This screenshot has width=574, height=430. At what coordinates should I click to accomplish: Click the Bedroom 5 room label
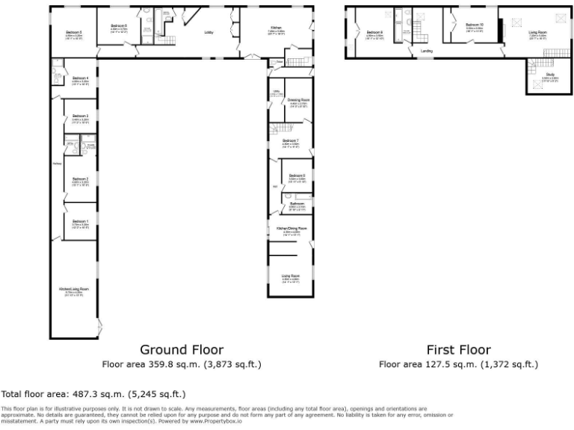73,33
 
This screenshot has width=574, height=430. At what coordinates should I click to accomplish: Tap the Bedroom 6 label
119,26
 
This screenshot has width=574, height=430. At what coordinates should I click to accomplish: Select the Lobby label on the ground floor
210,33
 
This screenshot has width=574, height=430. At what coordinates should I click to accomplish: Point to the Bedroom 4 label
81,78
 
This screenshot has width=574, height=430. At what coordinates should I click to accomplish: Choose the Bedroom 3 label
81,116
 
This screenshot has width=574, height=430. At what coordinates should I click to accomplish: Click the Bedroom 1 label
81,222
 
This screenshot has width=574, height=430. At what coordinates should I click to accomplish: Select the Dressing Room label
299,99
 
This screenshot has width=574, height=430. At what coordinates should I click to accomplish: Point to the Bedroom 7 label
291,140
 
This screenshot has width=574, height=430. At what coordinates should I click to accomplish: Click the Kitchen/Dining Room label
291,228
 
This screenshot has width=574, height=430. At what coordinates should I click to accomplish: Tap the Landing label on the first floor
427,51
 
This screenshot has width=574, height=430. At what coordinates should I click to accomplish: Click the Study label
549,75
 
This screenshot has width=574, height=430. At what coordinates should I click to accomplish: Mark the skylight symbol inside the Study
535,86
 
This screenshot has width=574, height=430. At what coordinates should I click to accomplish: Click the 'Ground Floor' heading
182,349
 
